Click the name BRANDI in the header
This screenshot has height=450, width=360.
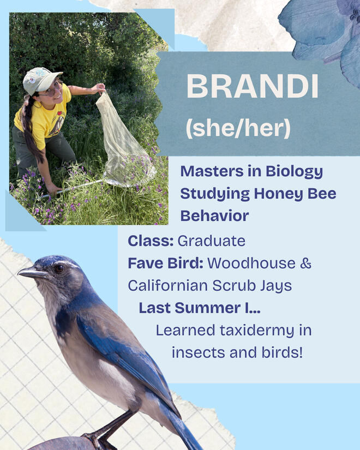tap(253, 86)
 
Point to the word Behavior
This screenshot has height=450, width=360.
tap(214, 216)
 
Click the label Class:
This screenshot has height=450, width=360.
tap(151, 241)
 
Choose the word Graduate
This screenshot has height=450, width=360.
tap(212, 241)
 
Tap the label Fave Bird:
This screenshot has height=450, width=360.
tap(166, 263)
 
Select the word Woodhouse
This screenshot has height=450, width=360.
tap(251, 263)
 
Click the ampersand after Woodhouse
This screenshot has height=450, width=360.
tap(306, 263)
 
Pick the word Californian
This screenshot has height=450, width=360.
tap(168, 286)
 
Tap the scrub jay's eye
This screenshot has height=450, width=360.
tap(59, 268)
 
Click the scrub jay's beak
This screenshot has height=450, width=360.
tap(32, 273)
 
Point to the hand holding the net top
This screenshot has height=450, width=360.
tap(99, 88)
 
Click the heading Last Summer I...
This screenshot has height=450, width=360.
tap(200, 308)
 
